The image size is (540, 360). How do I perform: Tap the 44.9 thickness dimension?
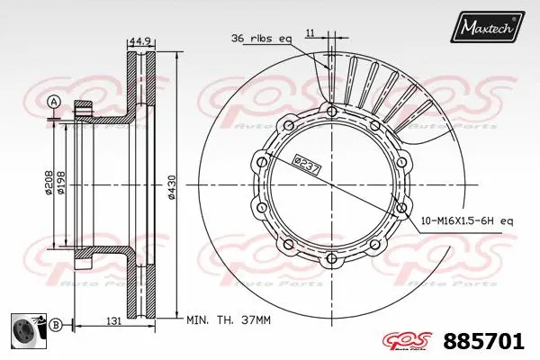tap(139, 40)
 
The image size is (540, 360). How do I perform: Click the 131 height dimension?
tap(115, 319)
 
